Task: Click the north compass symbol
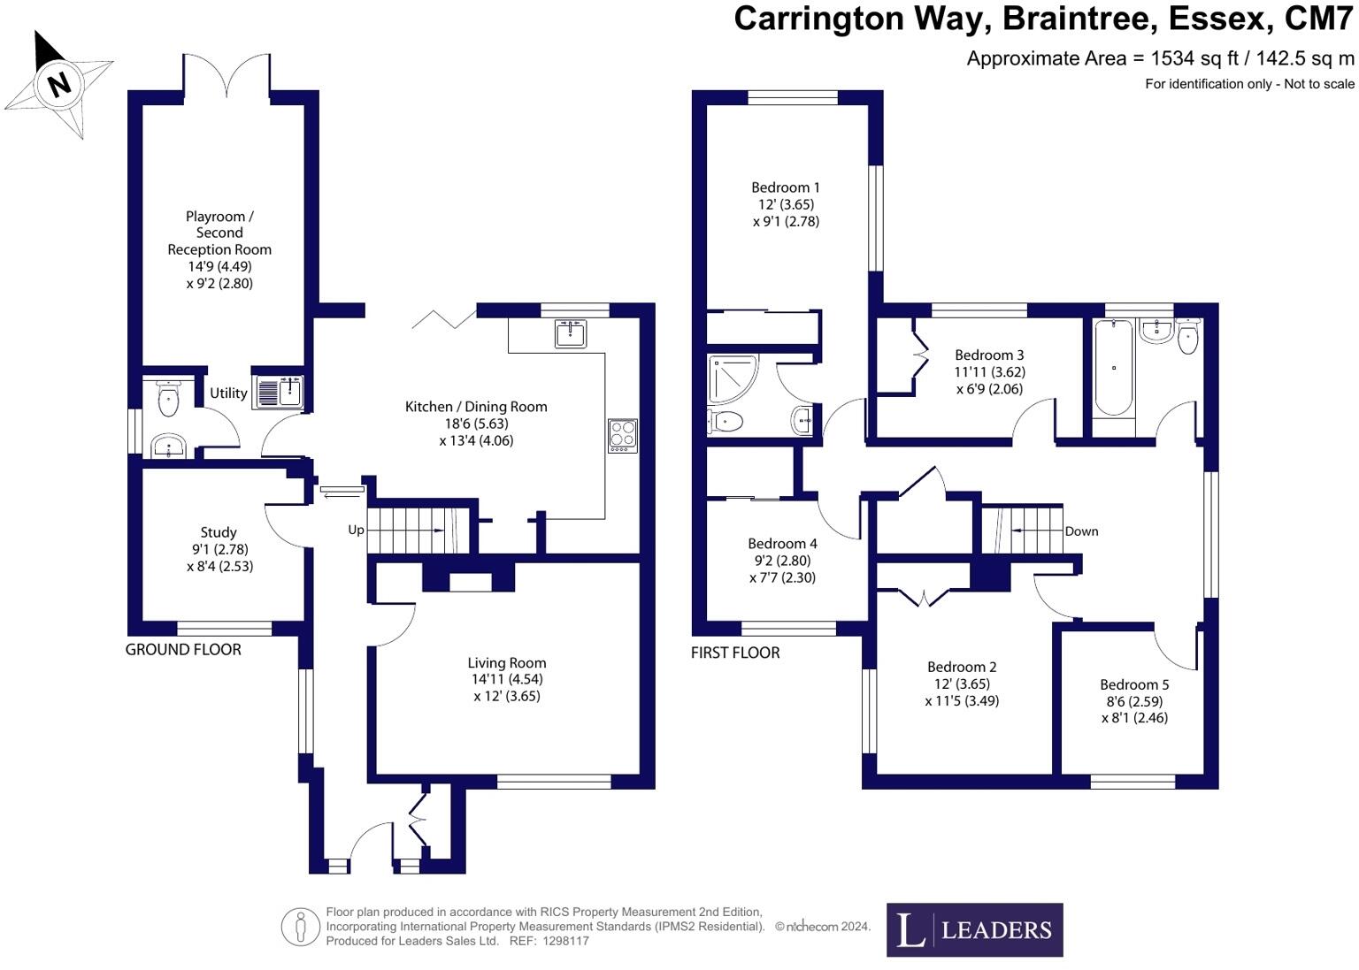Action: [x=58, y=86]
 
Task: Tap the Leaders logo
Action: [x=974, y=929]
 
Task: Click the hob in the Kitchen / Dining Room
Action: [x=623, y=435]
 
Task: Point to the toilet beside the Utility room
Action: [x=168, y=400]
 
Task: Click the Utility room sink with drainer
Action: [x=279, y=392]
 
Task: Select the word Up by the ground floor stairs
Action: [x=356, y=531]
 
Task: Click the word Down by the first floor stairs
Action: [x=1081, y=531]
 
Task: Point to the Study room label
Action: [x=219, y=532]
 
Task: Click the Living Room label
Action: [x=507, y=662]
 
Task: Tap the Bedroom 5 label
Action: [x=1134, y=684]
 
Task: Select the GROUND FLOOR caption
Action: [x=183, y=650]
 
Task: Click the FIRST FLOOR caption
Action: [x=735, y=653]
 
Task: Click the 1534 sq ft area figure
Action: [x=1186, y=58]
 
